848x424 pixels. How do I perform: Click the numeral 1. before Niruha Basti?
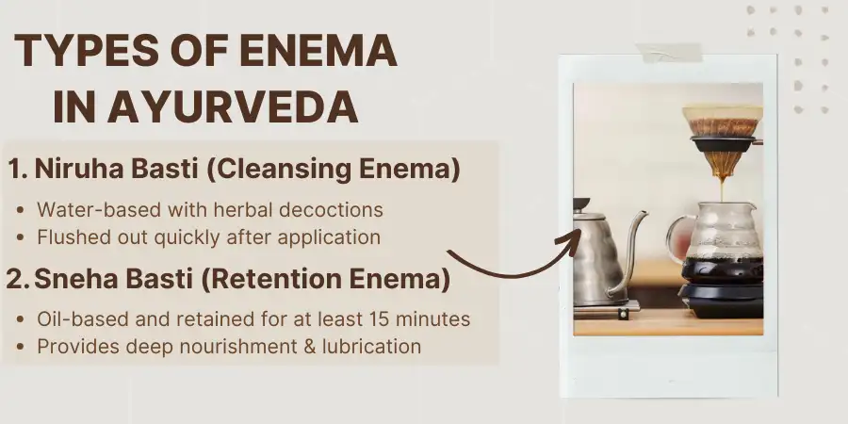tap(18, 171)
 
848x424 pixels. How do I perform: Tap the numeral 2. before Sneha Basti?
tap(19, 280)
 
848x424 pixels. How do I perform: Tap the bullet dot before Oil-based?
tap(23, 319)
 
